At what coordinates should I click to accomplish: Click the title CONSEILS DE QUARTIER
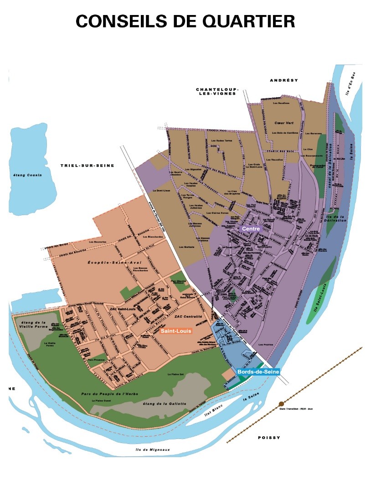click(x=185, y=21)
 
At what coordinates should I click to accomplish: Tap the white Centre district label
click(x=251, y=229)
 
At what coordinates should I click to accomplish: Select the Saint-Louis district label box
click(x=179, y=331)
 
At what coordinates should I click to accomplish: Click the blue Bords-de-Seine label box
click(x=258, y=372)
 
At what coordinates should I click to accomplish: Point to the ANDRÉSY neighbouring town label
click(x=283, y=80)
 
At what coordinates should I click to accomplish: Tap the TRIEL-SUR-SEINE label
click(x=87, y=166)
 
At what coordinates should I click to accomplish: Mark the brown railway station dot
click(x=281, y=403)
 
